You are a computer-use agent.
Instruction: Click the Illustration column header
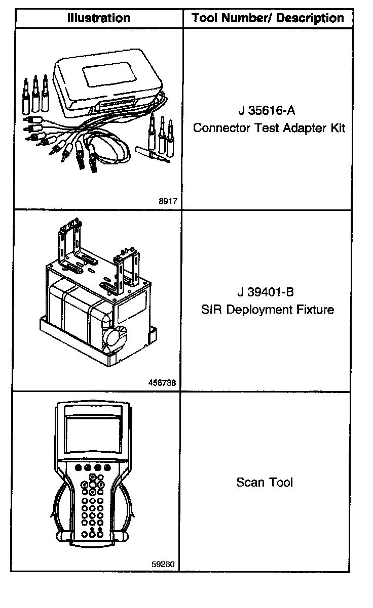click(99, 18)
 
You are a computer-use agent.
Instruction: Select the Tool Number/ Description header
click(268, 18)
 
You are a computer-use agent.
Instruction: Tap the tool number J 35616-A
click(266, 110)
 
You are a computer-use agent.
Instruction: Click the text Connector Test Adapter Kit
click(269, 127)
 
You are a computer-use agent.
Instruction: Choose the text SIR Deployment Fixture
click(268, 310)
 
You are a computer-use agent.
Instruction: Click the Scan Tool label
click(265, 482)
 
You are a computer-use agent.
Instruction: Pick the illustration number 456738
click(163, 383)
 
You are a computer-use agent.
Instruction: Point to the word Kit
click(338, 127)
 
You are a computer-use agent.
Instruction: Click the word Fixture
click(317, 310)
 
